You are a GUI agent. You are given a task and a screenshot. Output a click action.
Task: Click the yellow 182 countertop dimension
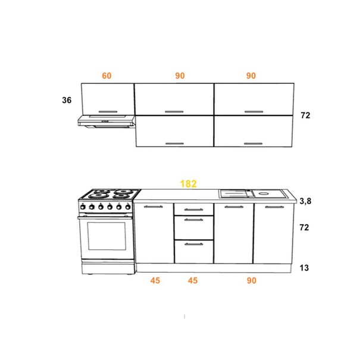[x=188, y=184]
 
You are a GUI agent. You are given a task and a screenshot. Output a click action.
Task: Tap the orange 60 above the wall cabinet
[x=107, y=76]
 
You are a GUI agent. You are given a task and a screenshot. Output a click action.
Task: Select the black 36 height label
[x=67, y=100]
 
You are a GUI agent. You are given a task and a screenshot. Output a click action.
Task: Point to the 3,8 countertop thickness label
[x=305, y=201]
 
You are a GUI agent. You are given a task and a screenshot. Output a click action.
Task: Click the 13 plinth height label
[x=304, y=268]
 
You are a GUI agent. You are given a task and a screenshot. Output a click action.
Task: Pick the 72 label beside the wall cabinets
[x=305, y=115]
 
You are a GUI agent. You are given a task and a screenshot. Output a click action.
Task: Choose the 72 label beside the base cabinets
[x=304, y=227]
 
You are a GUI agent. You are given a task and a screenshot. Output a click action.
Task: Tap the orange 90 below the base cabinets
[x=252, y=280]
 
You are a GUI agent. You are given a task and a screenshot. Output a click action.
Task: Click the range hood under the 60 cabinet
[x=107, y=121]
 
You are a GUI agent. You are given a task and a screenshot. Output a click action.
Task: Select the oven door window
[x=107, y=236]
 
